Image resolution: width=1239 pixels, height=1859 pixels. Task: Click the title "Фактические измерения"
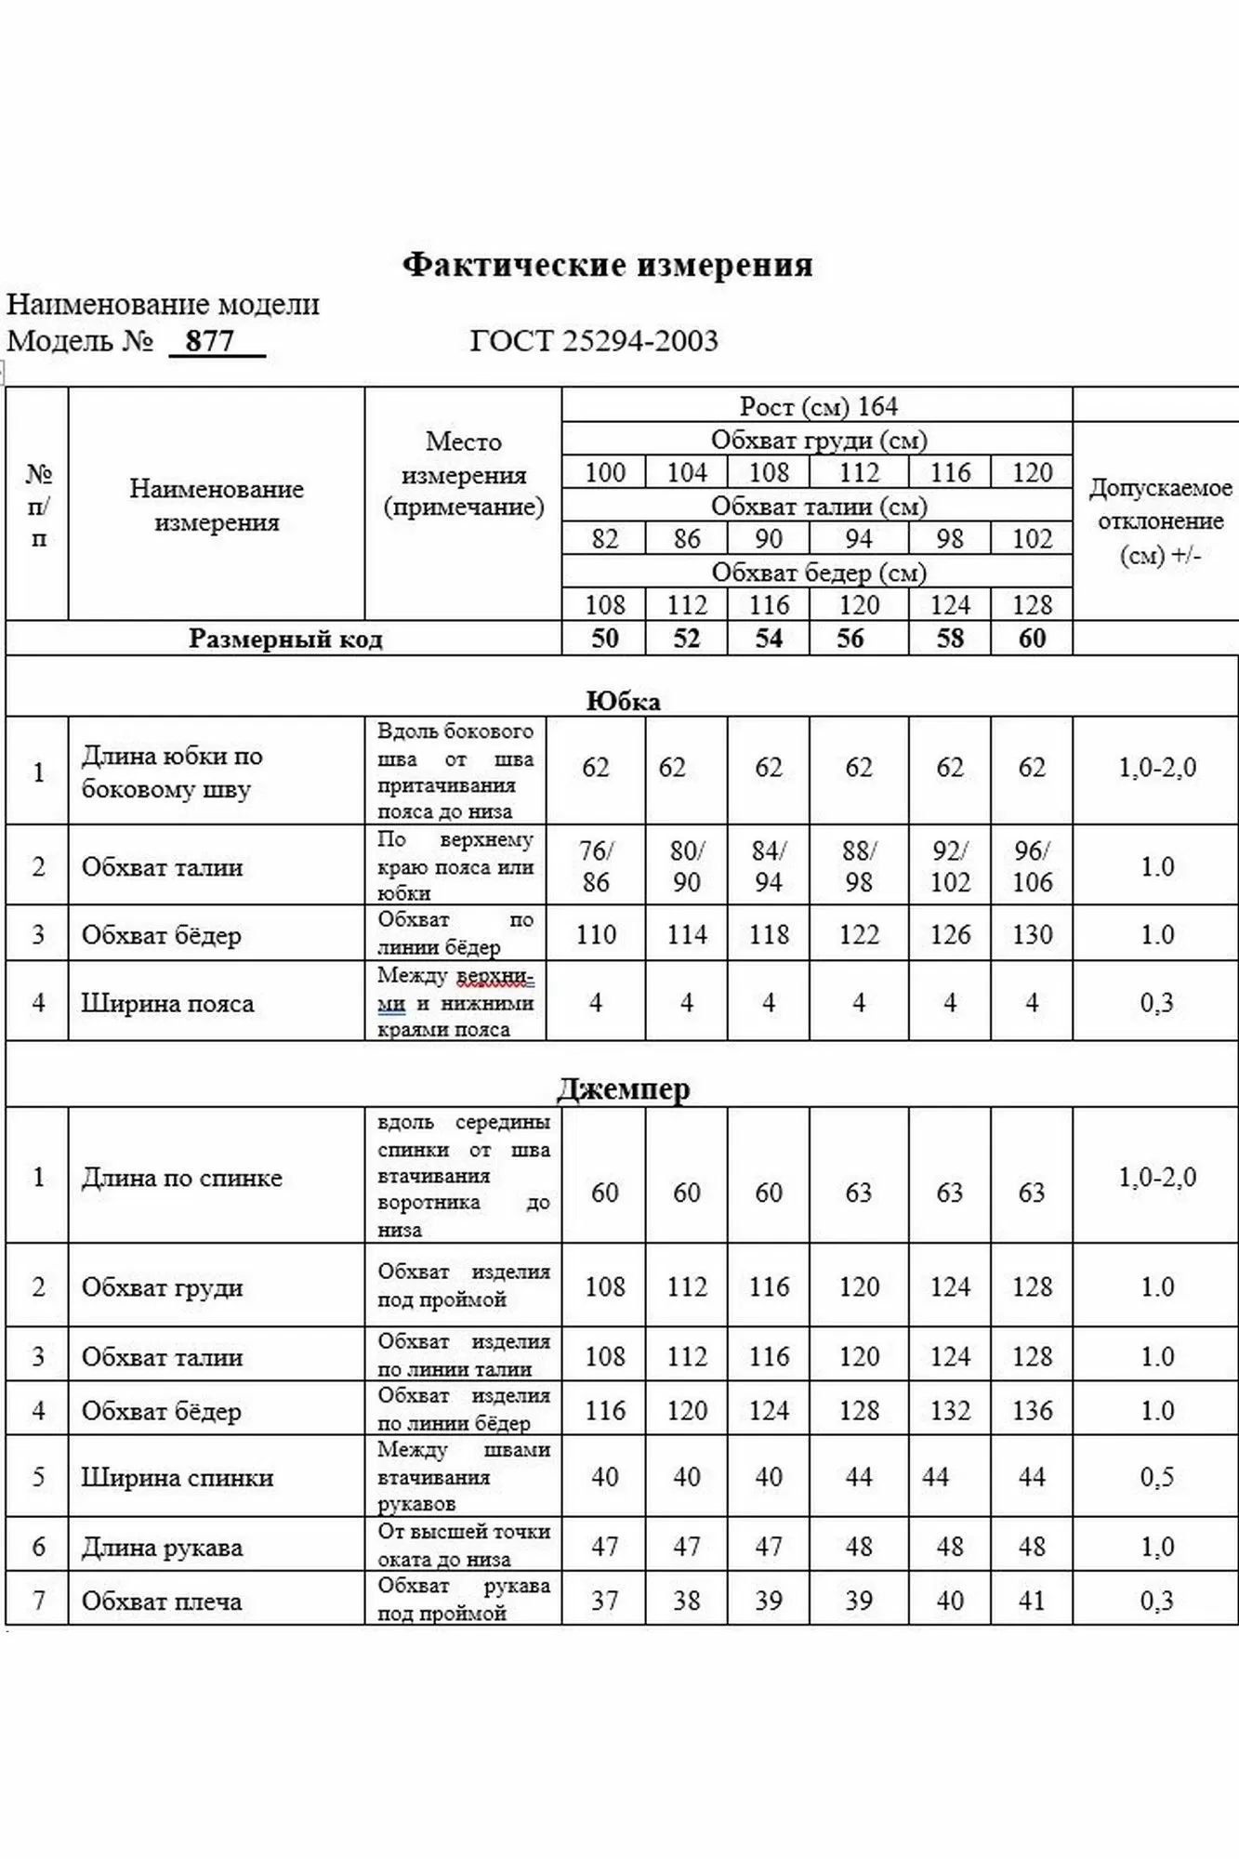pyautogui.click(x=607, y=266)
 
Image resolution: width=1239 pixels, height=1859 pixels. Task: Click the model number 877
pyautogui.click(x=210, y=341)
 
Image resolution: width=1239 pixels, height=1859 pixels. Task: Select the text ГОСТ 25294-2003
pyautogui.click(x=594, y=341)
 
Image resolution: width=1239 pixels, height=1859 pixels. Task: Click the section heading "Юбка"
pyautogui.click(x=623, y=701)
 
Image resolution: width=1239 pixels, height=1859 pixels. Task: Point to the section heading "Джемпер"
pyautogui.click(x=623, y=1088)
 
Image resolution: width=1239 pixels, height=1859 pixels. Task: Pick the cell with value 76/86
pyautogui.click(x=596, y=866)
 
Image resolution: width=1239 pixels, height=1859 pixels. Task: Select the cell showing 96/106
pyautogui.click(x=1032, y=866)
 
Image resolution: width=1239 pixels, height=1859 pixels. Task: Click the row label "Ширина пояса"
pyautogui.click(x=167, y=1003)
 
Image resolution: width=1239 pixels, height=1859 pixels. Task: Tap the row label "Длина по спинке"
pyautogui.click(x=181, y=1178)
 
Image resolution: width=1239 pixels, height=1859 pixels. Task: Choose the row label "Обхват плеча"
pyautogui.click(x=162, y=1601)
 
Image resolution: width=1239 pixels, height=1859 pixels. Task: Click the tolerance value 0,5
pyautogui.click(x=1157, y=1477)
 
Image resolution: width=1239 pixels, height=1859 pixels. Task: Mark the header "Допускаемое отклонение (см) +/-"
pyautogui.click(x=1160, y=521)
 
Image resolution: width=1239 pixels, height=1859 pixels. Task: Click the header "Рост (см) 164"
pyautogui.click(x=818, y=406)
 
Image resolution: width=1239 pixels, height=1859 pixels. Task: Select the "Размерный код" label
pyautogui.click(x=285, y=639)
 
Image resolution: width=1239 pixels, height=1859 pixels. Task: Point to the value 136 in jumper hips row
pyautogui.click(x=1032, y=1410)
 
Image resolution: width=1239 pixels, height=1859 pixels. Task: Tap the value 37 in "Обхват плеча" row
pyautogui.click(x=604, y=1601)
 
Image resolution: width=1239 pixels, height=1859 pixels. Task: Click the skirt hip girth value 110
pyautogui.click(x=596, y=934)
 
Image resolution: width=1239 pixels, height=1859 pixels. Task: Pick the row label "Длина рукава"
pyautogui.click(x=162, y=1548)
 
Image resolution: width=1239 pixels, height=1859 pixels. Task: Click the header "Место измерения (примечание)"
pyautogui.click(x=463, y=474)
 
